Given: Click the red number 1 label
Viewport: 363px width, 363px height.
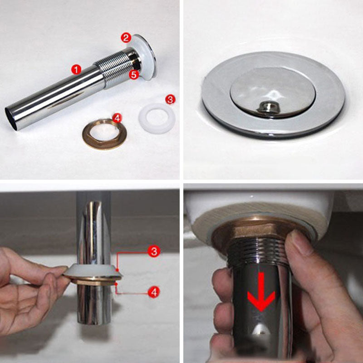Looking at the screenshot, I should point(76,69).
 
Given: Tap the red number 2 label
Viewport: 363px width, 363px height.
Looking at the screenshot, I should point(126,38).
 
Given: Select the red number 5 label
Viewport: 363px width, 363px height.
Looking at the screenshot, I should point(133,75).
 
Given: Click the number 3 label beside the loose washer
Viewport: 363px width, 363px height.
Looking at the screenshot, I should point(169,99).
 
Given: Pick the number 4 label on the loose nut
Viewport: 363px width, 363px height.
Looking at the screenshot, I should point(117,118).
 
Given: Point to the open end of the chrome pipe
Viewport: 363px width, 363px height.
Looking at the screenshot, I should point(12,118).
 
